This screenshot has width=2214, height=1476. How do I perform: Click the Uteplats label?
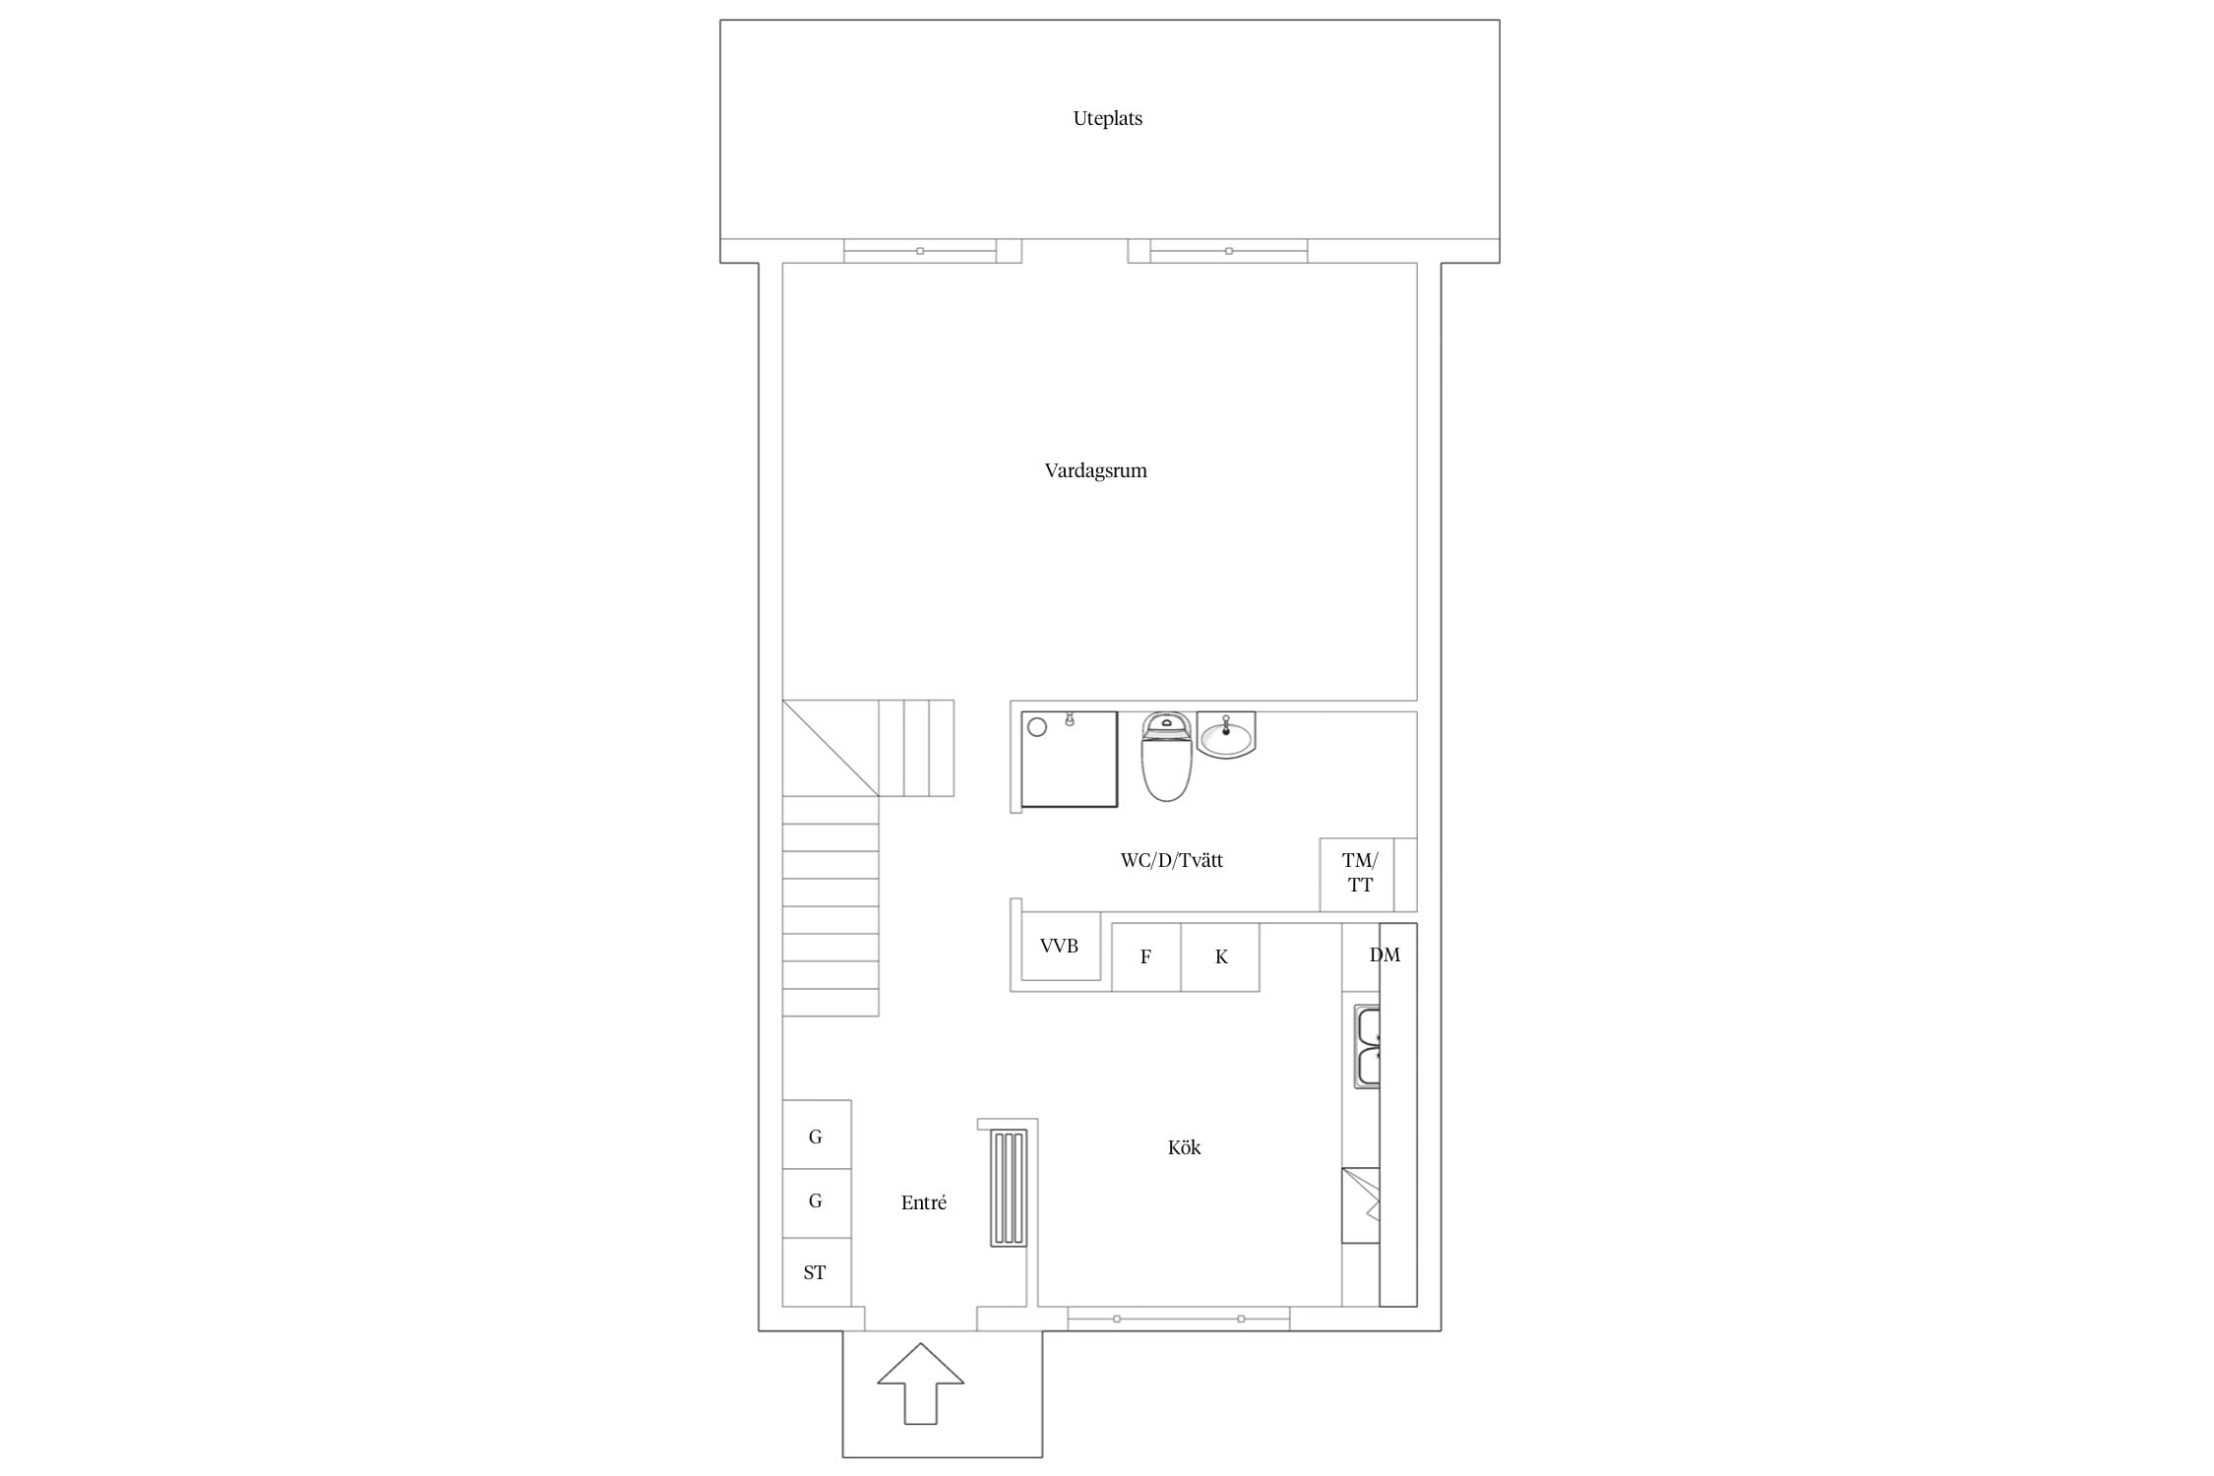pos(1107,118)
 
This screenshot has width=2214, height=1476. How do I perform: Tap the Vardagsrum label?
pos(1095,470)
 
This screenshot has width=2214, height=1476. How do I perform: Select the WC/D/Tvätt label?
pos(1171,860)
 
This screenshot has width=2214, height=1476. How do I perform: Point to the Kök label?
pos(1184,1147)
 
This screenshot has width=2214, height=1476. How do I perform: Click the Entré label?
pos(923,1202)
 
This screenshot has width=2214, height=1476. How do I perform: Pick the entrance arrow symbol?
pos(920,1383)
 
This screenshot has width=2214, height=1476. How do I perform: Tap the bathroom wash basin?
pos(1226,736)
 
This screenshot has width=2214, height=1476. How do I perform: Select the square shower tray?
pos(1069,760)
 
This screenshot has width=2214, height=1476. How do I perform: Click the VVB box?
pos(1060,946)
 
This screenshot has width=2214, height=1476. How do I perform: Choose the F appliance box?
pos(1145,956)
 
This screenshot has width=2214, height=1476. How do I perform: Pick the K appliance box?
pos(1220,956)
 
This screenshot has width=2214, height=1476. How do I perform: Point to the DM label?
pos(1384,954)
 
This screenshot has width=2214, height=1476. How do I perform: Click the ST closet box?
pos(816,1272)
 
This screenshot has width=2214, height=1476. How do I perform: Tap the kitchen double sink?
pos(1367,1047)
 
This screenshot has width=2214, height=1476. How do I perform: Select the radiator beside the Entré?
pos(1010,1189)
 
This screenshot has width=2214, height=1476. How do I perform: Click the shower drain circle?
pos(1036,727)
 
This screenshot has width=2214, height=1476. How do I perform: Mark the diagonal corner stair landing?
pos(830,748)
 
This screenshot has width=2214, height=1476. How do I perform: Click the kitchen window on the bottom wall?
pos(1178,1319)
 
